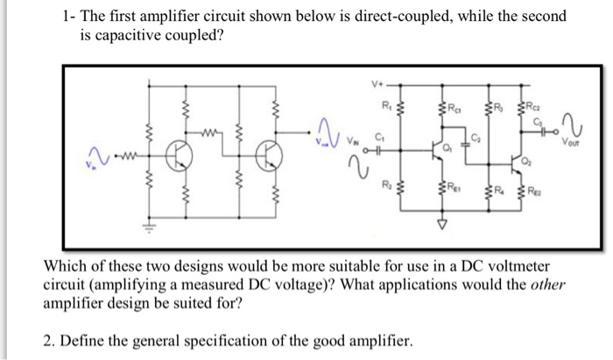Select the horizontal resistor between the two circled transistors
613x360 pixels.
point(208,135)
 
